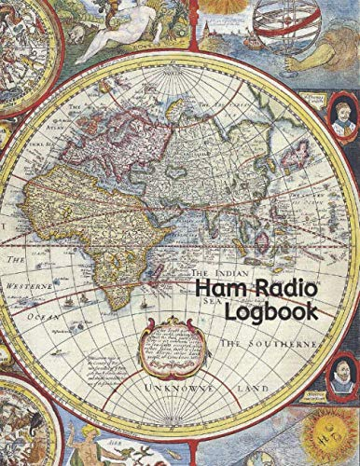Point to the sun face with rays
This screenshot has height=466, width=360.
click(x=325, y=438)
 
